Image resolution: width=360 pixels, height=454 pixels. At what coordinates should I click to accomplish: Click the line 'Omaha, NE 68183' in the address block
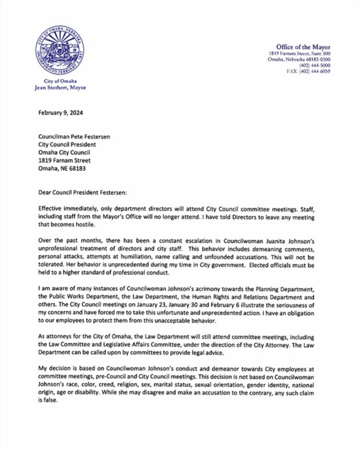(62, 169)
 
